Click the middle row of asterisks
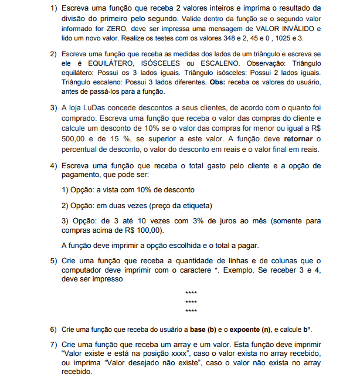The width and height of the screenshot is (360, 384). (191, 301)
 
